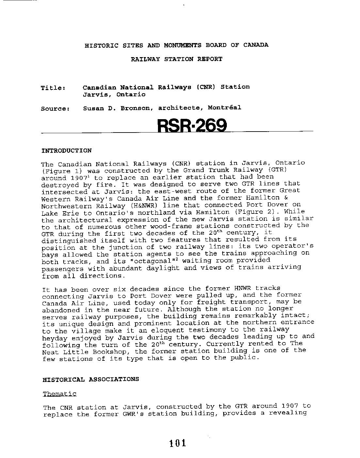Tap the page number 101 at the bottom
[178, 443]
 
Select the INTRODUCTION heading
[67, 151]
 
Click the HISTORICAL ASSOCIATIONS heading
[91, 379]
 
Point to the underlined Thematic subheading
[59, 394]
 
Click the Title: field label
[54, 88]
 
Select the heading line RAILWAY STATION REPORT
[177, 59]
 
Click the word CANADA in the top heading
[256, 45]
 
